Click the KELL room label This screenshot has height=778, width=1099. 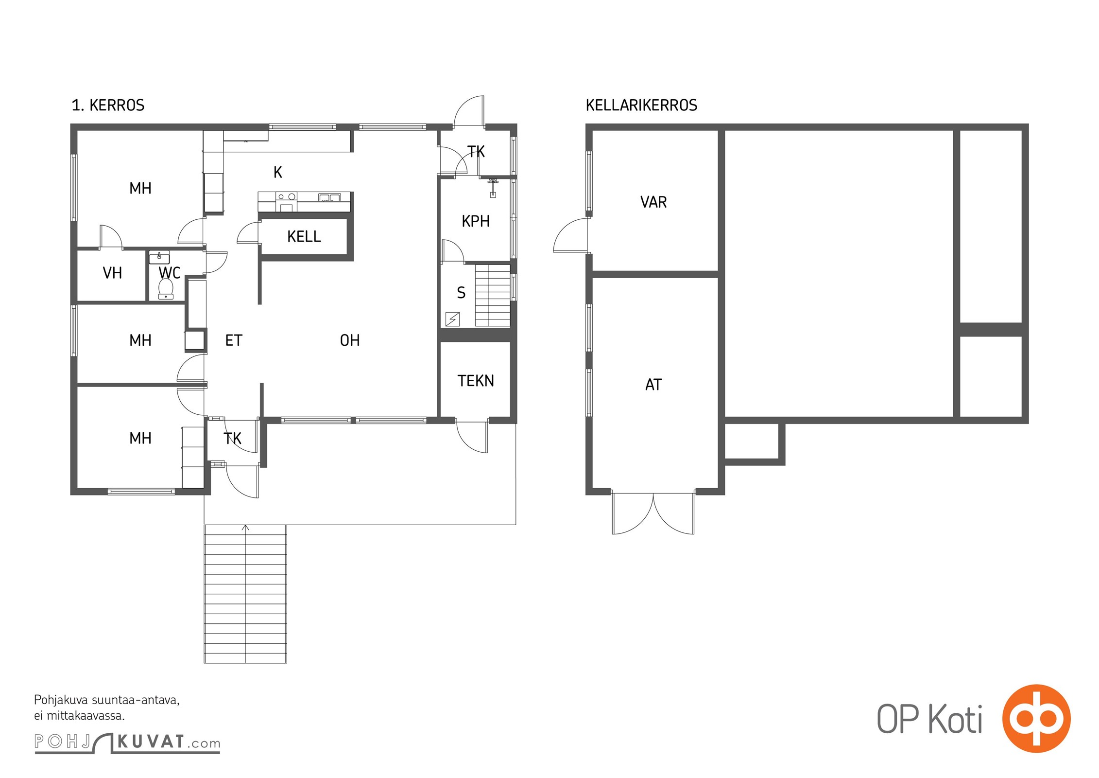coord(304,237)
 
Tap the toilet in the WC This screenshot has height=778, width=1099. coord(166,289)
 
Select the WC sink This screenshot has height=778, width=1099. coord(159,257)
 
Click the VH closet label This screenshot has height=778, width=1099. coord(112,273)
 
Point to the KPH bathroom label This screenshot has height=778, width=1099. coord(476,221)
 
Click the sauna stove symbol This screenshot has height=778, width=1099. coord(452,319)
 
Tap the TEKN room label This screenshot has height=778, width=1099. coord(476,381)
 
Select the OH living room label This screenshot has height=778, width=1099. coord(350,340)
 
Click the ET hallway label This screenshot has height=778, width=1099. coord(234,340)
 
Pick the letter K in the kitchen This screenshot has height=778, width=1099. coord(278,172)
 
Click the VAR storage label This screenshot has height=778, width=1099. coord(653,202)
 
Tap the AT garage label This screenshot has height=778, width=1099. coord(653,385)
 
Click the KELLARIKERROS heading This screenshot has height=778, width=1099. coord(641,105)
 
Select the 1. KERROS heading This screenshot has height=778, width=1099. coord(108,105)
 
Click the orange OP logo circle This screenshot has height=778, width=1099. coord(1036,718)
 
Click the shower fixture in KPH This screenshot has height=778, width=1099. coord(493,188)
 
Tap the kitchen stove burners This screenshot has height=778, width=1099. coord(286,197)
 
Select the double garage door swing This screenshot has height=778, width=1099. coord(653,514)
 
